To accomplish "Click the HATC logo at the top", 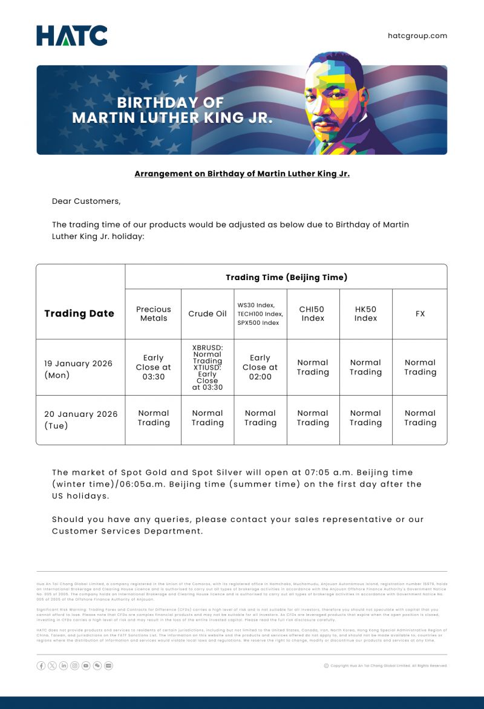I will tap(71, 36).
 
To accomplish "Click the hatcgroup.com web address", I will tap(417, 36).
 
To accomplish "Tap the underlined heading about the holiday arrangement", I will tap(242, 174).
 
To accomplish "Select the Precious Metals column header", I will tap(154, 313).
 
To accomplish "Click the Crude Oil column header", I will tap(208, 313).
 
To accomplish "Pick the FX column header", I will tap(420, 313).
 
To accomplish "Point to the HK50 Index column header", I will tap(366, 313).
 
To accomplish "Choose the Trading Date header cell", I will tap(79, 313).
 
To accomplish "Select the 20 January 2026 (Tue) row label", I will tap(81, 419).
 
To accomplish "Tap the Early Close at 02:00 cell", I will tap(260, 367).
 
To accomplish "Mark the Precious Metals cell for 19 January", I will tap(154, 367).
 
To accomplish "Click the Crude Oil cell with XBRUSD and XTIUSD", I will tap(208, 367).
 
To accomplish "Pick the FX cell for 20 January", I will tap(420, 418).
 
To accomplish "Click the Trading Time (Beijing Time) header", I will tap(286, 277).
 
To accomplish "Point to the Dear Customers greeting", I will tap(86, 201).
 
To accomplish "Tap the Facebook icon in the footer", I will tap(41, 665).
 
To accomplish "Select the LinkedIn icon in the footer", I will tap(64, 665).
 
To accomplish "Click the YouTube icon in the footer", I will tap(86, 665).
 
